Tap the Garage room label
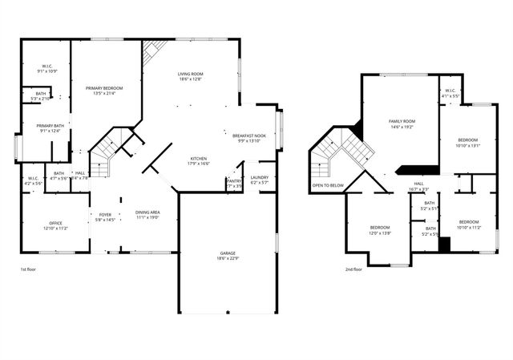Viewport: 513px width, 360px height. click(228, 253)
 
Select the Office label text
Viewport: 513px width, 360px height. click(55, 223)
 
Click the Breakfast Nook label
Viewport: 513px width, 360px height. click(249, 136)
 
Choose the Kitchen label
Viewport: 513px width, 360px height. click(200, 158)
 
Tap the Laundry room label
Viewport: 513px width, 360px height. click(260, 177)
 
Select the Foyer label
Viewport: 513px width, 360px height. click(106, 214)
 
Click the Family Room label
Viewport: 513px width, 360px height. click(400, 121)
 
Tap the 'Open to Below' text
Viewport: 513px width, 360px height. click(328, 185)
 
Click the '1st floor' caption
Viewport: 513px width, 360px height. click(30, 269)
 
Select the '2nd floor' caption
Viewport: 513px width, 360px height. click(353, 269)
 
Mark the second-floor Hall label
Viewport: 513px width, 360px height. click(418, 184)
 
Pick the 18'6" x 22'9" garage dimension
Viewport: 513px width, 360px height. click(228, 257)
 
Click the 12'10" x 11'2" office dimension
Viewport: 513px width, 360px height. click(55, 229)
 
